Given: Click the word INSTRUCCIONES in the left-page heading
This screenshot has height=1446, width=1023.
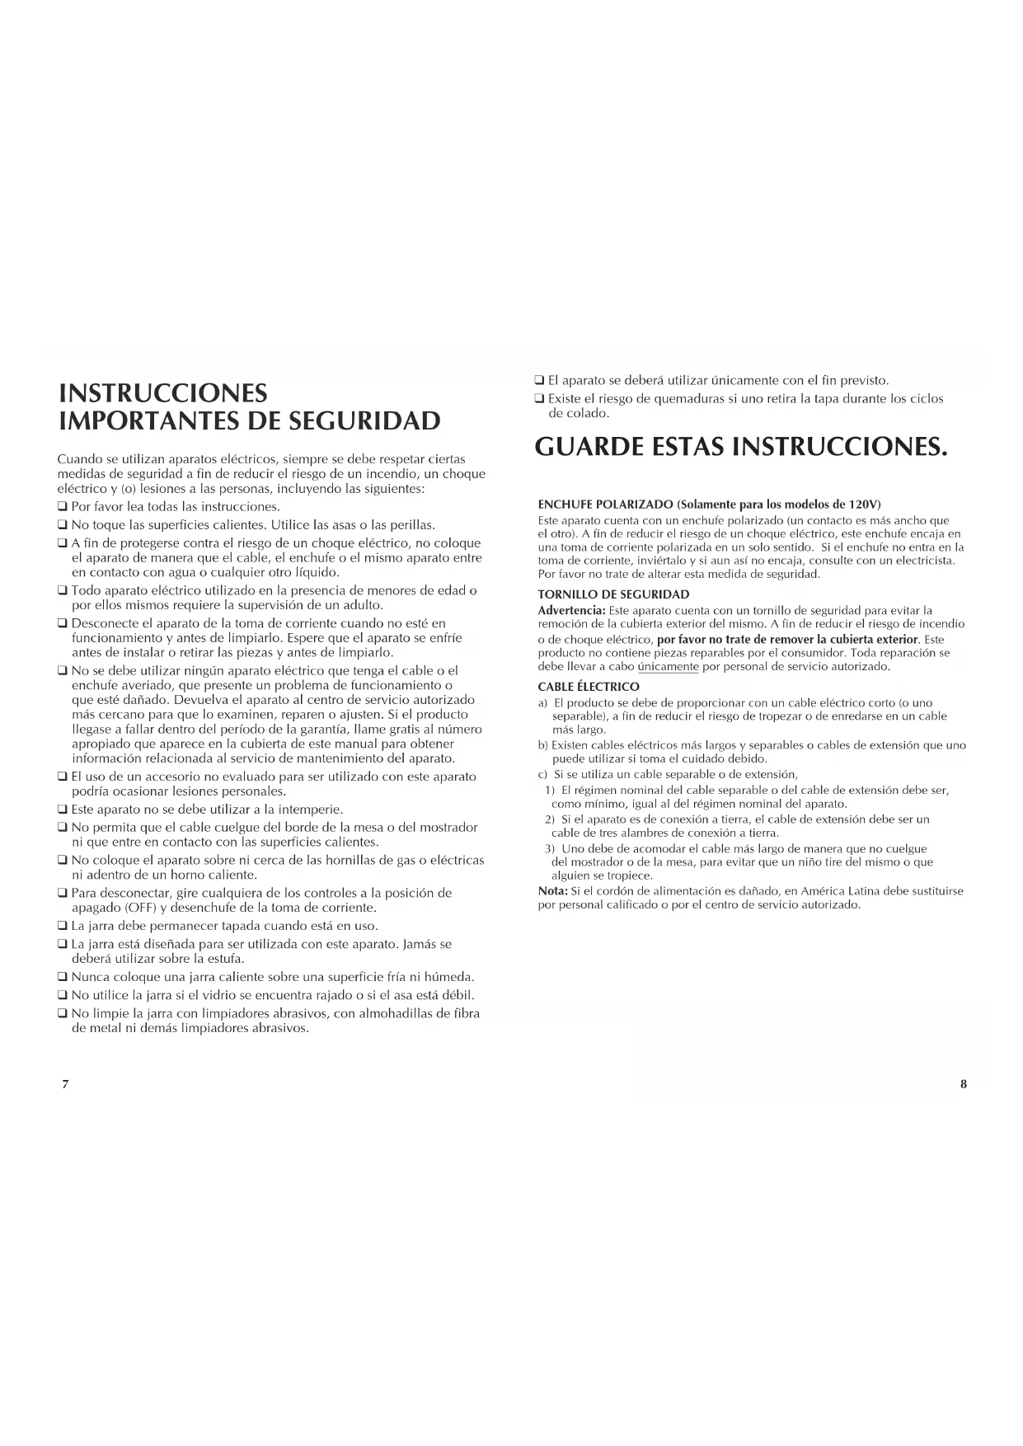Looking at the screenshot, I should [x=163, y=392].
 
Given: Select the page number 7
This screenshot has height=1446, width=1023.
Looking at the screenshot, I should [x=65, y=1084].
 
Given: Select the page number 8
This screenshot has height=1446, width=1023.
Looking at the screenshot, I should [x=963, y=1084].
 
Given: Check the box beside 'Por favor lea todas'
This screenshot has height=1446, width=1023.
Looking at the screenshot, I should [x=62, y=507].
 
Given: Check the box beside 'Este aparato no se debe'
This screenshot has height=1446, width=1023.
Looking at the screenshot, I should [x=62, y=810].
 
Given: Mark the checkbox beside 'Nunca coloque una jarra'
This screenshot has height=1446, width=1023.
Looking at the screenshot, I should [x=62, y=978].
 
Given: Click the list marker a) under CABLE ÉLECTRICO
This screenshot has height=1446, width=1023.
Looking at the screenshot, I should [x=542, y=703].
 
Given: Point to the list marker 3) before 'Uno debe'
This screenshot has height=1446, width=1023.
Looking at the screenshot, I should [x=549, y=849].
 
